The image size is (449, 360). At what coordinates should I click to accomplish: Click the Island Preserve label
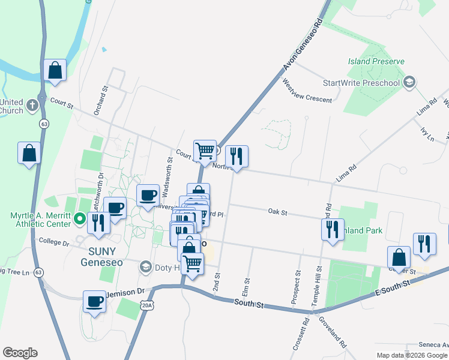[x=376, y=61]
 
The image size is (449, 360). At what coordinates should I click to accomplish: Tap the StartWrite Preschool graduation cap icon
[x=410, y=82]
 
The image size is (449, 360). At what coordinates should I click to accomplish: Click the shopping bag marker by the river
[x=55, y=70]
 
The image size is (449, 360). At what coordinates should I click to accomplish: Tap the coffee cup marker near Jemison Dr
[x=94, y=302]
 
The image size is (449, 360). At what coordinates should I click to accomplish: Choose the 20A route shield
[x=148, y=305]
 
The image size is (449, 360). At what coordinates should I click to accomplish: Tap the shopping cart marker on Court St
[x=205, y=151]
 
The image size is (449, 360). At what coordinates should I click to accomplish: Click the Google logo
[x=20, y=353]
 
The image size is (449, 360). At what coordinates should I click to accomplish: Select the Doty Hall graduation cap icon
[x=145, y=266]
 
